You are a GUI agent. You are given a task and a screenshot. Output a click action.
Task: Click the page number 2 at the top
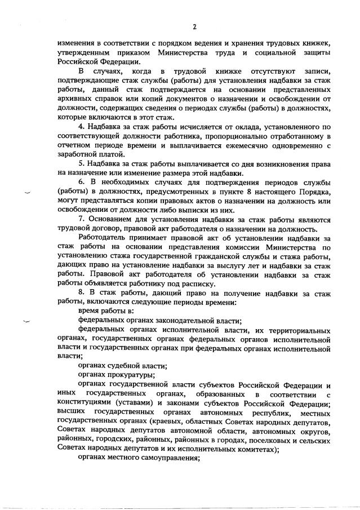pyautogui.click(x=194, y=26)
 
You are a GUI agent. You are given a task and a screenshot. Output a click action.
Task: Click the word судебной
pyautogui.click(x=119, y=365)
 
